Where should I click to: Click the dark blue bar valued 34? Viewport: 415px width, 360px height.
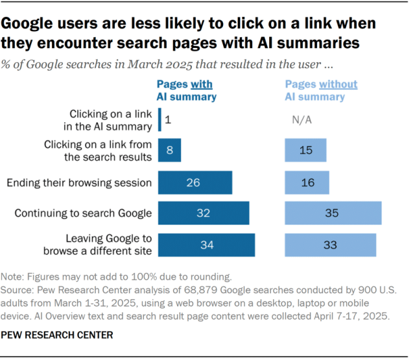(x=206, y=245)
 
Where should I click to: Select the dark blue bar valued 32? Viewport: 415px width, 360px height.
(x=204, y=213)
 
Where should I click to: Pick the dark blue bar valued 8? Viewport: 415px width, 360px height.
(x=169, y=150)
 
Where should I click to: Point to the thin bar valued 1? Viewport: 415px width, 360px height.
(x=159, y=120)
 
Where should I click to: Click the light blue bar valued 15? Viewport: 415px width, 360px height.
(x=305, y=150)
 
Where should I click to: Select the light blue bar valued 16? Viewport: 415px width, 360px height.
(x=307, y=183)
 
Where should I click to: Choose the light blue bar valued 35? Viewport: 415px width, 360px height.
(x=333, y=213)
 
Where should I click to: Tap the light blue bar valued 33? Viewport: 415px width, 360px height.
(x=330, y=245)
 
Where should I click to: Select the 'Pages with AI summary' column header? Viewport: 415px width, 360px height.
(x=185, y=91)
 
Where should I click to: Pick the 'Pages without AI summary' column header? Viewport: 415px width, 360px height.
(x=321, y=91)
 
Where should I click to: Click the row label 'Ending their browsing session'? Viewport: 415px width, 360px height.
(x=79, y=183)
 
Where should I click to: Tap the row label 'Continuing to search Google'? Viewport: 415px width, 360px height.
(x=83, y=213)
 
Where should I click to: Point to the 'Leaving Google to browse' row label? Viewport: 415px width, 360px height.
(x=97, y=245)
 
